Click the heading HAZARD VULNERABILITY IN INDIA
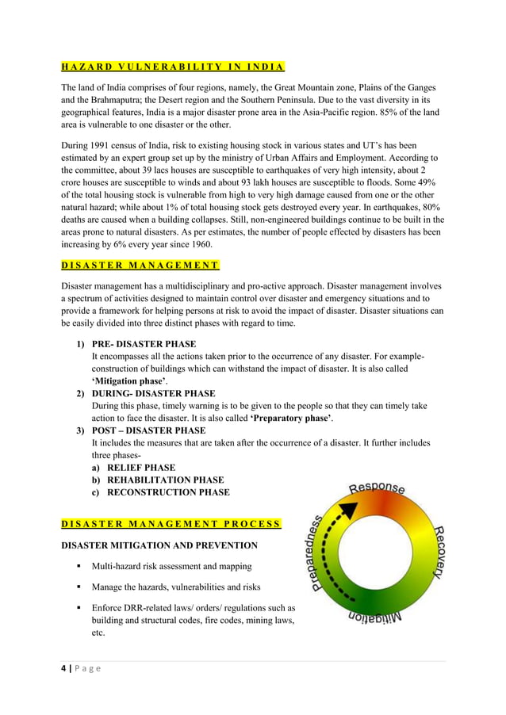point(173,66)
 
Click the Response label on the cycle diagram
point(377,487)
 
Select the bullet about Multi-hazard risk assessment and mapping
point(172,567)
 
